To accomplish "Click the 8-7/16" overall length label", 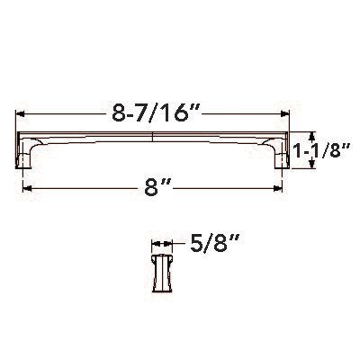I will tap(152, 115).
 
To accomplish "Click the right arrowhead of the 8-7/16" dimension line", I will tap(287, 115).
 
